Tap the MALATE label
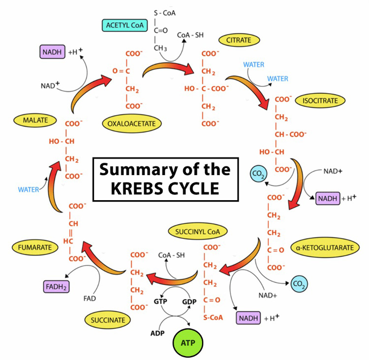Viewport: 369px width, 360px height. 35,120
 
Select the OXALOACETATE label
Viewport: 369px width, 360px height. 132,123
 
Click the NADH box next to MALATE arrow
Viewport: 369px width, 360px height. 52,51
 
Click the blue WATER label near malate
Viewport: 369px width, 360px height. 28,189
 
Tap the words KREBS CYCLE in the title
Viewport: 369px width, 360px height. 166,188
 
